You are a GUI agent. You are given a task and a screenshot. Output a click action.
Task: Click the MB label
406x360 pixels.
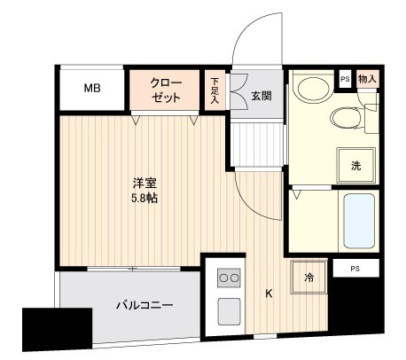click(92, 88)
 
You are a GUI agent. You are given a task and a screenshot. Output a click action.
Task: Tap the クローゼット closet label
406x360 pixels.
click(167, 88)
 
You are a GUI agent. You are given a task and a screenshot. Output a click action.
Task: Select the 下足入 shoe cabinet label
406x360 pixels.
click(215, 90)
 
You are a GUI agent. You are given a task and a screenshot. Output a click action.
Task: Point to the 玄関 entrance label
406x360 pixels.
click(261, 95)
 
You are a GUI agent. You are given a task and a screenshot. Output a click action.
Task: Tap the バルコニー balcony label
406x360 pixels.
click(144, 306)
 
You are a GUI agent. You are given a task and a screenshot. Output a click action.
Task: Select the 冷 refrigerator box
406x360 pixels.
click(309, 278)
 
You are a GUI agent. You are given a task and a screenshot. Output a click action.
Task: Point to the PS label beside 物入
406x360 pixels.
click(345, 79)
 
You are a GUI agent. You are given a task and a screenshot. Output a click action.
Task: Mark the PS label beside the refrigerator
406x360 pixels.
click(354, 268)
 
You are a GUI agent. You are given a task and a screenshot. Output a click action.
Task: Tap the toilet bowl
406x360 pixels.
click(345, 118)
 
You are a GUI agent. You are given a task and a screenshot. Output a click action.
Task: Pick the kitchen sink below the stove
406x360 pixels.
click(228, 310)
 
